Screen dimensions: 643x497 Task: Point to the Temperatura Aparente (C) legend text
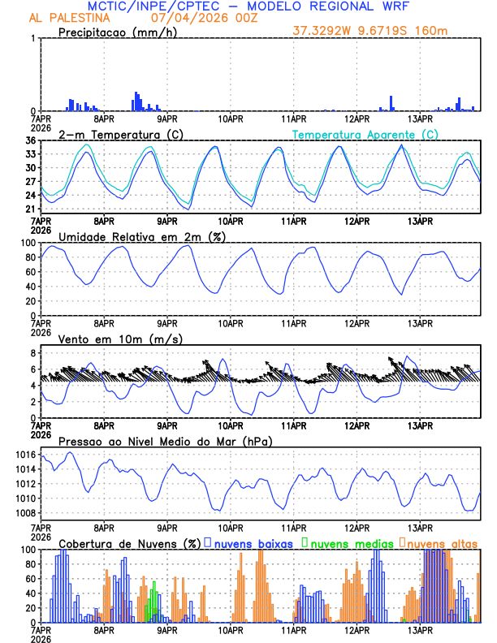pos(365,134)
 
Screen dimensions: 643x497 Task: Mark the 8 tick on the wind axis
pos(32,353)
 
